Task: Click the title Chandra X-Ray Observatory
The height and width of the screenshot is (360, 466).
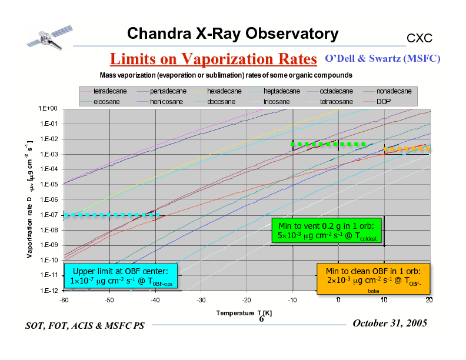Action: (x=232, y=34)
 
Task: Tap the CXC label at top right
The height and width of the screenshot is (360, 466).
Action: (x=420, y=38)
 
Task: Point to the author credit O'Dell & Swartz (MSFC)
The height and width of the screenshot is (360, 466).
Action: (x=382, y=59)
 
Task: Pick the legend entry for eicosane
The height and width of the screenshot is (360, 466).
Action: (x=106, y=102)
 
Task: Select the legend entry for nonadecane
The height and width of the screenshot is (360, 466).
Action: (x=394, y=92)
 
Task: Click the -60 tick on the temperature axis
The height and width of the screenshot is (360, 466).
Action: (x=64, y=300)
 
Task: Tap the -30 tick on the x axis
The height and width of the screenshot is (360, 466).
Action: (x=201, y=300)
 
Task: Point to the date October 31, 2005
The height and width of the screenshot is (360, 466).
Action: (x=390, y=324)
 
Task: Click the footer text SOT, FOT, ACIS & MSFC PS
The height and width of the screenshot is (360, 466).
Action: (x=85, y=326)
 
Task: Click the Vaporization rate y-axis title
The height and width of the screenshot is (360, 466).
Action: (x=29, y=200)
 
